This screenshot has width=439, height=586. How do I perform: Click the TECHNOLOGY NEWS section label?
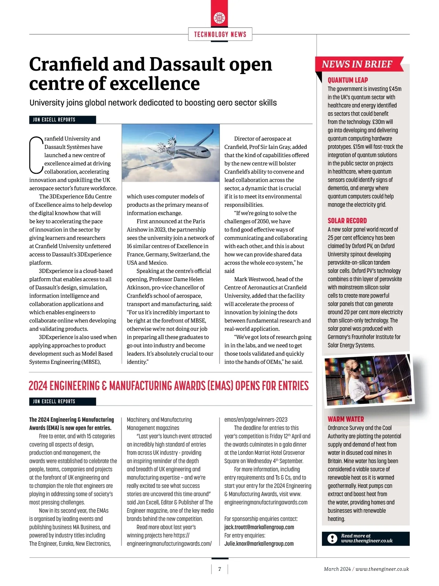pos(220,34)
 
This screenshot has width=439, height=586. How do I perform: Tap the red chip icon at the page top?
pos(219,18)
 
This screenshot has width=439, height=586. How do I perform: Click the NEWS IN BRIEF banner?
pos(357,64)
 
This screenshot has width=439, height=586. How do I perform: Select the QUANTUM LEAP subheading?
pos(348,80)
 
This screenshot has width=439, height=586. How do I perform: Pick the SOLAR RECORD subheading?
pos(347,221)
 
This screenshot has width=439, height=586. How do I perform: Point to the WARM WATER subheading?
pos(346,419)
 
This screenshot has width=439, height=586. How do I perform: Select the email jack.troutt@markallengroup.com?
pos(259,527)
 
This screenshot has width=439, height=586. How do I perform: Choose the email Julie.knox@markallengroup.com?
pos(259,544)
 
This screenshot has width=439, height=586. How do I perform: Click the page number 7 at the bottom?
pos(219,569)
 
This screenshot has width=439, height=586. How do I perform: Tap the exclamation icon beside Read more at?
pos(332,538)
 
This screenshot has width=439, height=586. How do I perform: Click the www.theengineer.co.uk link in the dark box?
pos(367,541)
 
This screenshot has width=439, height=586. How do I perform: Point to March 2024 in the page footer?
pos(337,569)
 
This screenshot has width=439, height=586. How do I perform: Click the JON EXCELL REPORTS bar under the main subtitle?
pos(62,120)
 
